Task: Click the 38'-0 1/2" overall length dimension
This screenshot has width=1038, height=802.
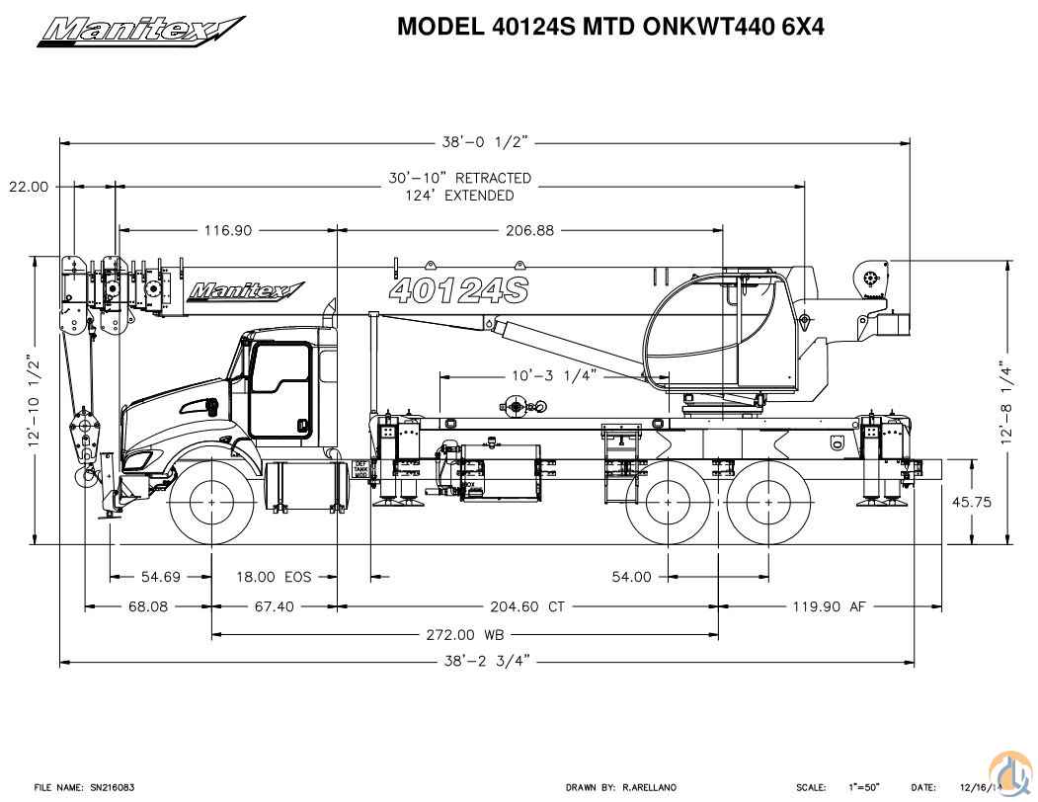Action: [486, 142]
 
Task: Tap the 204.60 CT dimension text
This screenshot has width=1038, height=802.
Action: [528, 606]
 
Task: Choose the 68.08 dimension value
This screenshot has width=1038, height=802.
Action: [148, 606]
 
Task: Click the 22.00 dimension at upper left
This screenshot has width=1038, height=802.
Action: [29, 186]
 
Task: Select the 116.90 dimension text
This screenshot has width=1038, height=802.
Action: [228, 230]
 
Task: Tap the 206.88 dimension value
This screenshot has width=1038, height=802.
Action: [530, 230]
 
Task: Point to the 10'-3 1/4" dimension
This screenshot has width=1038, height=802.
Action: [555, 376]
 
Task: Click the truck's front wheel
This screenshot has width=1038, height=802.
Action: [212, 503]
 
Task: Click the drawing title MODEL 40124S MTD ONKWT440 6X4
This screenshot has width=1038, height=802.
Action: [610, 27]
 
